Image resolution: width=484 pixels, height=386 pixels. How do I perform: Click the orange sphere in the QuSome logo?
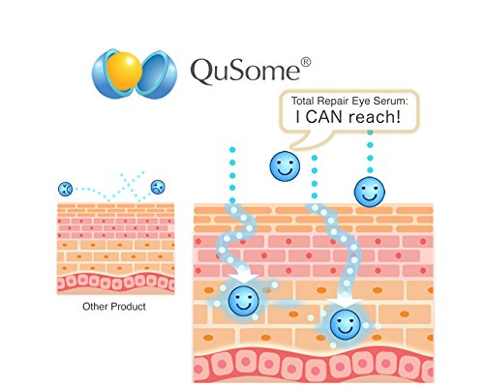click(x=124, y=71)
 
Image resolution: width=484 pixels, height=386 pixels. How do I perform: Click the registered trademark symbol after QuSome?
click(x=306, y=62)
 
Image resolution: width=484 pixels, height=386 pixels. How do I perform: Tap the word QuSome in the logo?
click(x=245, y=71)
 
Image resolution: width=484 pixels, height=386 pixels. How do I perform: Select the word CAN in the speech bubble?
click(x=324, y=117)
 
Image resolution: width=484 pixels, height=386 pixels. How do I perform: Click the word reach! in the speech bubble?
click(x=375, y=116)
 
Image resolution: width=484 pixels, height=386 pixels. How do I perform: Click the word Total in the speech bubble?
click(x=303, y=101)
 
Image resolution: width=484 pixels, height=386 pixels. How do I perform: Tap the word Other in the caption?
click(x=94, y=307)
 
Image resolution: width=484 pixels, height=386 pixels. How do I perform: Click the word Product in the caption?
click(x=128, y=307)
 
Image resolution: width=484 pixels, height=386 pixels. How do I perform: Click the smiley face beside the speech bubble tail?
click(x=285, y=166)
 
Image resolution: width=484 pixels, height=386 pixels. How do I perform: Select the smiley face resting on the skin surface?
click(x=370, y=192)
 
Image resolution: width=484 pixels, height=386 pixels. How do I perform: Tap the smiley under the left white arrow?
click(x=244, y=301)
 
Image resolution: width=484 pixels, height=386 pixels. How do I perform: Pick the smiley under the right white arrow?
click(x=345, y=325)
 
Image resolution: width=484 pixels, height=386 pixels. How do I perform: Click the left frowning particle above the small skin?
click(x=65, y=189)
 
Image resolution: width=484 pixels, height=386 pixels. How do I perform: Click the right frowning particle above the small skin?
click(x=158, y=187)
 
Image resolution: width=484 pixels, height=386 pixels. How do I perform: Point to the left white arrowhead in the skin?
click(x=244, y=278)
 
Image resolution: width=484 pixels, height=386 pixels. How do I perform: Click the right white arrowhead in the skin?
click(x=345, y=303)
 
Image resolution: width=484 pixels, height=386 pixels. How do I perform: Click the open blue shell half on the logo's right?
click(x=157, y=74)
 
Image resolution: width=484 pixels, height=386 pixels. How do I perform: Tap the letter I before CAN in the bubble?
click(x=297, y=117)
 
